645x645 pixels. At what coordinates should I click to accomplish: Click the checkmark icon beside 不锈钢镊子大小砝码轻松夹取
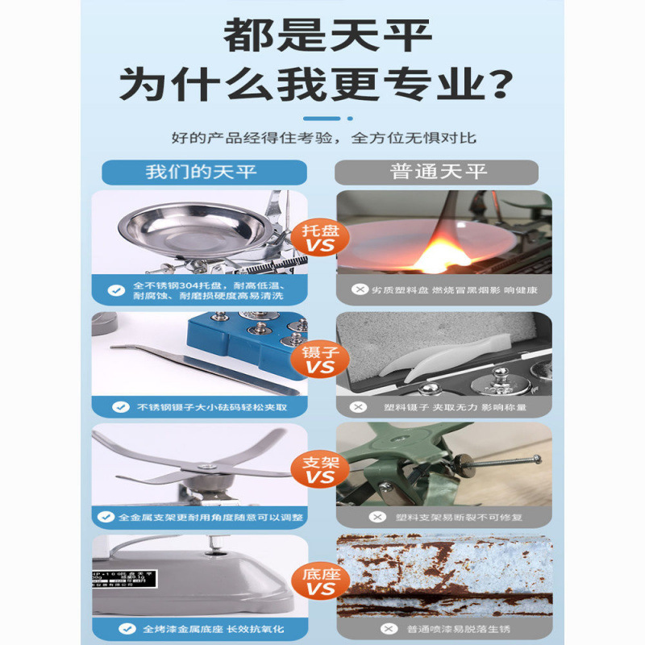click(120, 407)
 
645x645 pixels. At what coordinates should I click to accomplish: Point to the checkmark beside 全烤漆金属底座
click(119, 627)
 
